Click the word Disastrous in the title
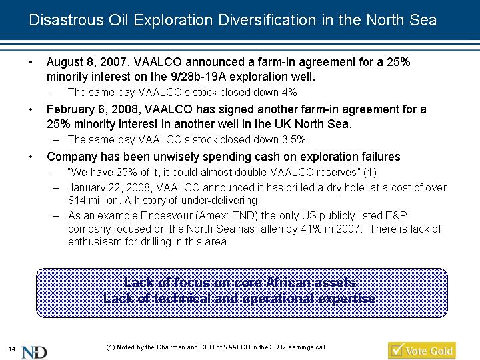point(66,20)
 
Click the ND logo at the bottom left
point(34,352)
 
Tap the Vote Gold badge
point(422,351)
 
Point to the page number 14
point(12,349)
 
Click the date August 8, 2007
point(85,63)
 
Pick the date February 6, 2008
point(93,109)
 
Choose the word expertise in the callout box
point(347,299)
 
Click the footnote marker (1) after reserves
point(370,173)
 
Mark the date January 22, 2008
point(109,187)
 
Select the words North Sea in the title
point(401,20)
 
